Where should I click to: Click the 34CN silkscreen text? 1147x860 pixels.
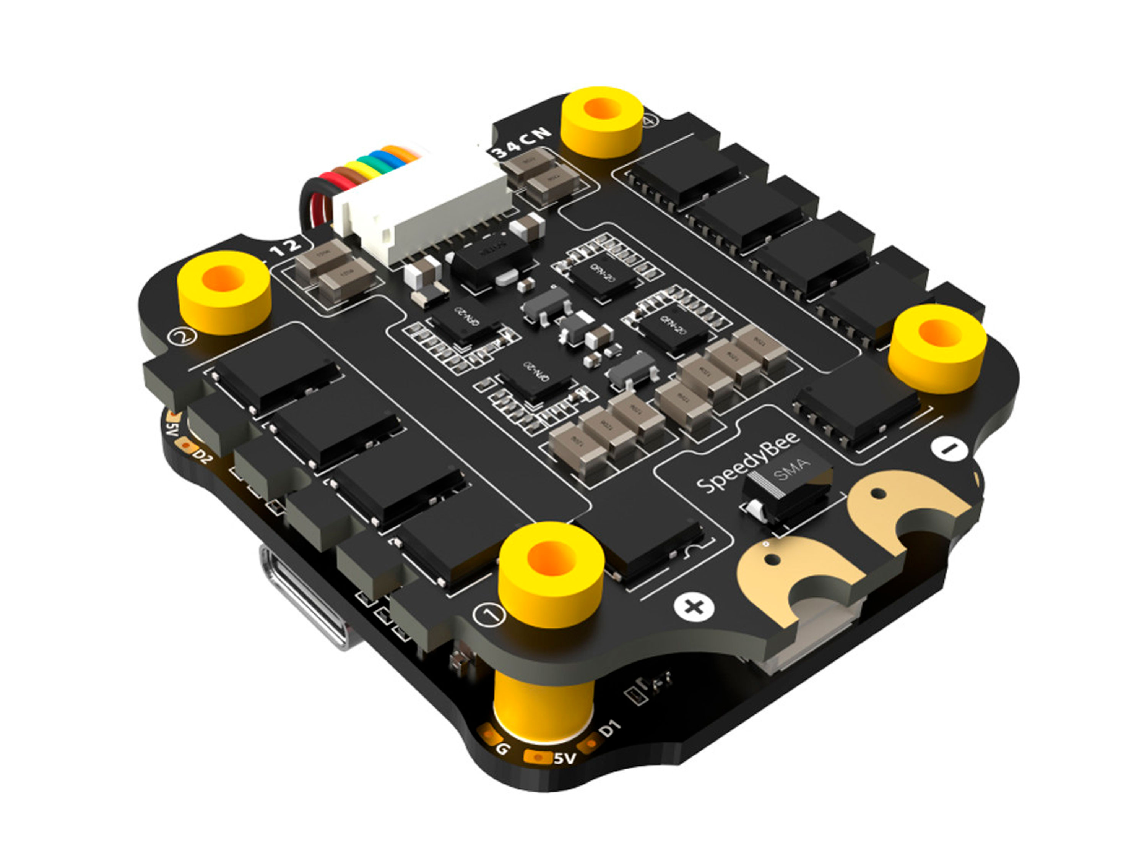click(521, 142)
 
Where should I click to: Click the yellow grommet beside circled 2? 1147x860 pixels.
click(224, 293)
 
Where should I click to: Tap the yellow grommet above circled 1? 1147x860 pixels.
click(551, 573)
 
